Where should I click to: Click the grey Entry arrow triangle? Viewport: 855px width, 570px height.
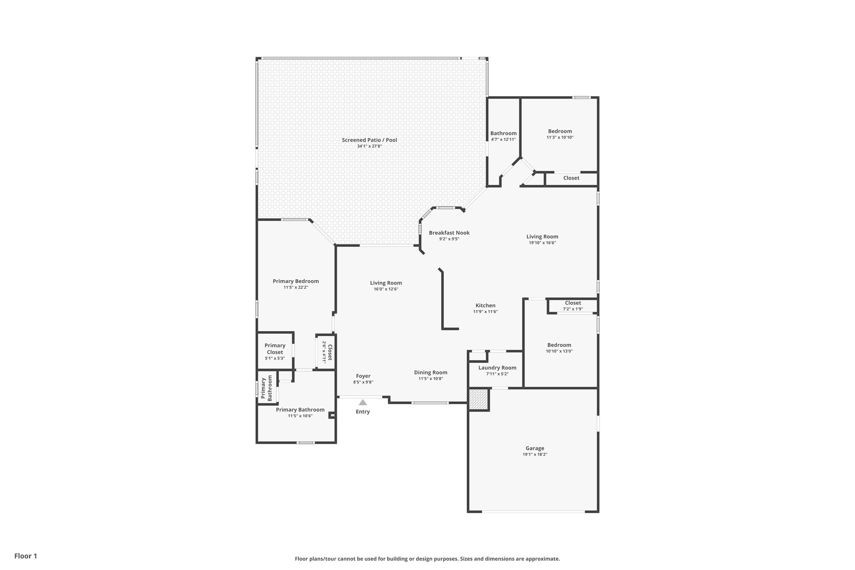[363, 403]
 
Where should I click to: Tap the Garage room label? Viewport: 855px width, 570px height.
[535, 448]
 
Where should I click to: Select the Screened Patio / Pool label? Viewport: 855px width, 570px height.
[369, 140]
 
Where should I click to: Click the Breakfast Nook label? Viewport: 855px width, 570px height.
[449, 233]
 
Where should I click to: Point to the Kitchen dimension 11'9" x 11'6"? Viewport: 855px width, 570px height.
[485, 312]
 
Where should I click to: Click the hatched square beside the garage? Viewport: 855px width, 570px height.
[478, 399]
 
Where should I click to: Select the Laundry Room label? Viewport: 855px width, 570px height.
[497, 367]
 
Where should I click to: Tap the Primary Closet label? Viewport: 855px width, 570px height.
[275, 349]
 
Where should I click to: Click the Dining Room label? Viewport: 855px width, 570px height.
[430, 372]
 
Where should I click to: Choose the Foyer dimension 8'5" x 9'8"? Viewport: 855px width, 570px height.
[363, 382]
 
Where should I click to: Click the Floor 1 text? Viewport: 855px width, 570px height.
[25, 556]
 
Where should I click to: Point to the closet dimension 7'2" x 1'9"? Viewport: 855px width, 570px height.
[573, 309]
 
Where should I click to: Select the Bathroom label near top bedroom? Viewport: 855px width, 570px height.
[503, 133]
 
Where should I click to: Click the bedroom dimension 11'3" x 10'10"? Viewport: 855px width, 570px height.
[560, 137]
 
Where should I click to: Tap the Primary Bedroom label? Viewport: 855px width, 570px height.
[296, 281]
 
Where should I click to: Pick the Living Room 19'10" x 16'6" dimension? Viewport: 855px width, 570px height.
[542, 243]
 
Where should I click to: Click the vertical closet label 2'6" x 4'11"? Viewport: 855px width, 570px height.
[324, 352]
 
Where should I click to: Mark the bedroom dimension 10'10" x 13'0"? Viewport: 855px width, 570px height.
[559, 351]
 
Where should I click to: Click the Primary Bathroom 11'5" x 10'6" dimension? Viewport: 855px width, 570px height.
[300, 416]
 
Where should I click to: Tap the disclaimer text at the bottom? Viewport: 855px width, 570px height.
[427, 559]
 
